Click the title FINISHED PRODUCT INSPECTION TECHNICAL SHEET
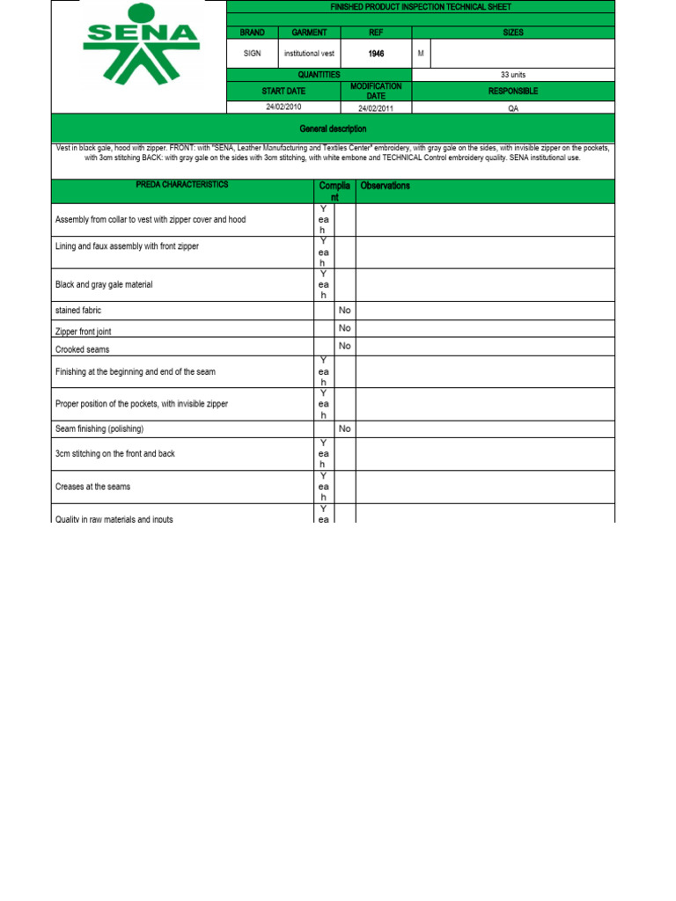[420, 7]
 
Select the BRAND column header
[253, 33]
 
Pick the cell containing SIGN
[253, 54]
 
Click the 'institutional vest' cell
[309, 54]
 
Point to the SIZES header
[512, 33]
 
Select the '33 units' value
[512, 75]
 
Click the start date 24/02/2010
[283, 107]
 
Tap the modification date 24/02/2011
[376, 107]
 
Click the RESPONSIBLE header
[512, 92]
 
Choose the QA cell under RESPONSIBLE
[512, 107]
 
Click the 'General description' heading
[333, 128]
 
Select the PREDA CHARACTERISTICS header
[182, 185]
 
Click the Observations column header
[385, 187]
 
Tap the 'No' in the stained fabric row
[345, 310]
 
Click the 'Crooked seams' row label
[83, 349]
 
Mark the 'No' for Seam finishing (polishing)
[345, 429]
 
